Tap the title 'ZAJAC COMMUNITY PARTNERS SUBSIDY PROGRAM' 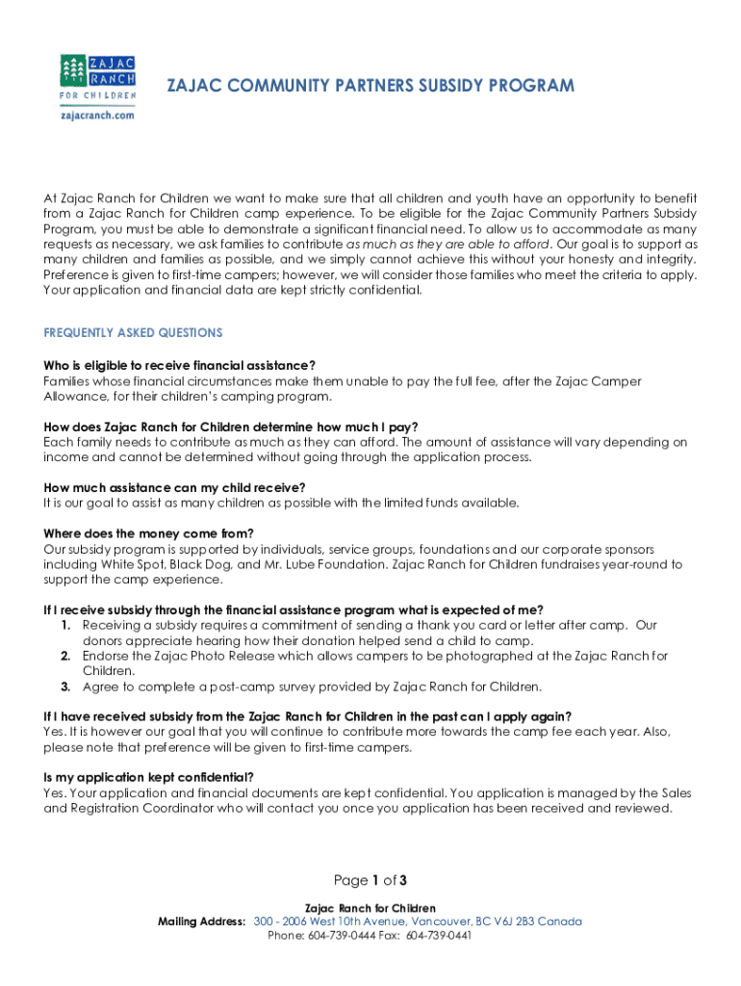pyautogui.click(x=370, y=86)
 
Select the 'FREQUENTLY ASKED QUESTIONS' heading pyautogui.click(x=133, y=333)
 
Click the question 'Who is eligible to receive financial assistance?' pyautogui.click(x=180, y=366)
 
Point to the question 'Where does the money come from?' pyautogui.click(x=148, y=533)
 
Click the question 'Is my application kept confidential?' pyautogui.click(x=149, y=777)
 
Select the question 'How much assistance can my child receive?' pyautogui.click(x=174, y=487)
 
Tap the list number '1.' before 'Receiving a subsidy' pyautogui.click(x=65, y=626)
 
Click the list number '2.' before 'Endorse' pyautogui.click(x=65, y=657)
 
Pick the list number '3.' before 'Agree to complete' pyautogui.click(x=65, y=688)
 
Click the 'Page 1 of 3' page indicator pyautogui.click(x=370, y=880)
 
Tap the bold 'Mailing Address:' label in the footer pyautogui.click(x=201, y=922)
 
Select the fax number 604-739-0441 pyautogui.click(x=438, y=935)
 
